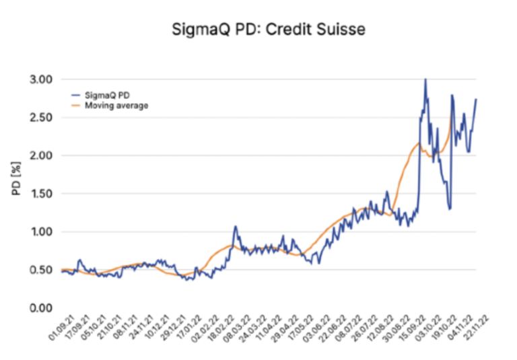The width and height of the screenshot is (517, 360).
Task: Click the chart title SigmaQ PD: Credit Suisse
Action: coord(258,30)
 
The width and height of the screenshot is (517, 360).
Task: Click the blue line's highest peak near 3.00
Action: coord(425,79)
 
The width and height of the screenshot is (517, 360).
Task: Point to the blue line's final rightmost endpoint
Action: coord(476,99)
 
